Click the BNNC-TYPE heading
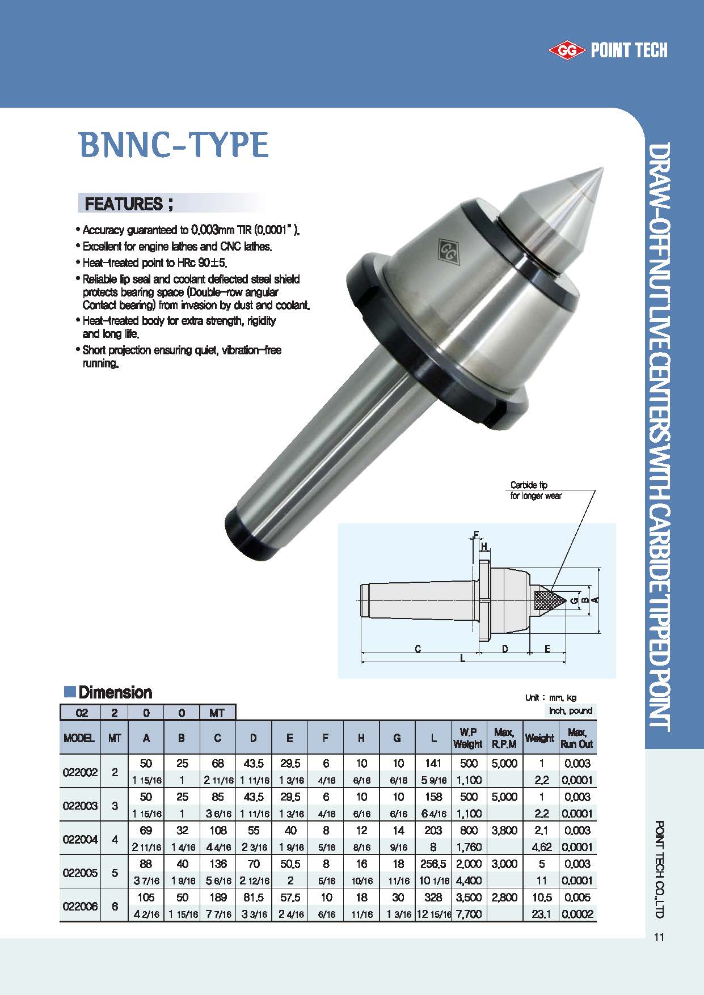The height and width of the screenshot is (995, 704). [x=174, y=145]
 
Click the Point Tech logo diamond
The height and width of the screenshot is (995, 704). [x=566, y=51]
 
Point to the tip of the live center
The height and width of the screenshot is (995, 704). [x=602, y=168]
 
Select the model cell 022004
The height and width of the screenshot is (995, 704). [x=80, y=839]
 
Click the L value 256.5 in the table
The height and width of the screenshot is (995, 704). [x=433, y=864]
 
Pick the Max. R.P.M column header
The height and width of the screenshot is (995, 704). [x=504, y=738]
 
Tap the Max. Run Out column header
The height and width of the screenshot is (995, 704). [x=577, y=738]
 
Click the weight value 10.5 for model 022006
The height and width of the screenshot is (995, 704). [x=541, y=897]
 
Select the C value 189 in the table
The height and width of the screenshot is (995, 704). [x=218, y=897]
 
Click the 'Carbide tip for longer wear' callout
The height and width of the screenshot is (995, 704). [x=536, y=490]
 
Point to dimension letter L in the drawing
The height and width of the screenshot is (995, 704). [x=463, y=658]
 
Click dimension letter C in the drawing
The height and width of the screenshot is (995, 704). [x=418, y=649]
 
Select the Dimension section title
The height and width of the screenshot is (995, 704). [x=115, y=692]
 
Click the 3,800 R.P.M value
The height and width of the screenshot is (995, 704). [x=504, y=831]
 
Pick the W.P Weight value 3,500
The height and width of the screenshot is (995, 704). [x=469, y=897]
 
